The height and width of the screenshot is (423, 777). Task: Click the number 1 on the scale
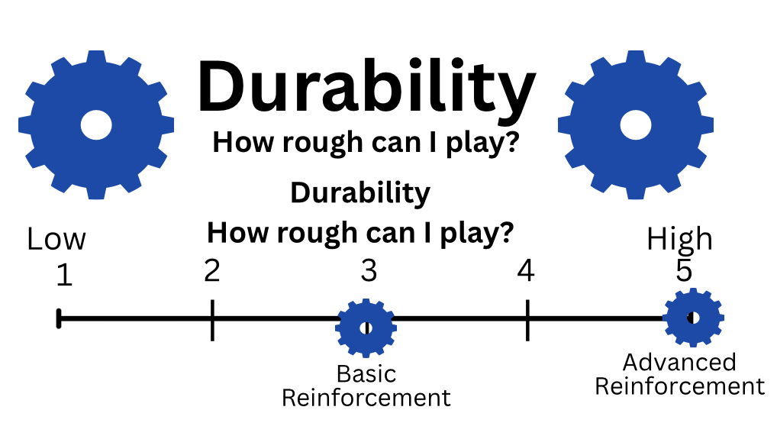(64, 276)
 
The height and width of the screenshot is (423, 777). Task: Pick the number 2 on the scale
(212, 270)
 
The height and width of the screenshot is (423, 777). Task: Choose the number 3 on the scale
(369, 271)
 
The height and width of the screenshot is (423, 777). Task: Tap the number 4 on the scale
(525, 271)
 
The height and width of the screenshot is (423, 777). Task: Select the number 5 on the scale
(684, 272)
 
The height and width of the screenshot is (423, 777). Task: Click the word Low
(56, 240)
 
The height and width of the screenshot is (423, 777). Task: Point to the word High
(679, 240)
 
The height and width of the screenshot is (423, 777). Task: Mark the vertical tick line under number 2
(212, 319)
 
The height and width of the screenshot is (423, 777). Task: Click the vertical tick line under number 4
(527, 319)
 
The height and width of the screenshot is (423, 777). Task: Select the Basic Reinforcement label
(366, 386)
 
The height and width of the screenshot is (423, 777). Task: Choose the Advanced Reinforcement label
(679, 374)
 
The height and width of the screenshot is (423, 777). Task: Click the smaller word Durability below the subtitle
(360, 193)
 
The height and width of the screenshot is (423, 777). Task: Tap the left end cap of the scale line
(59, 318)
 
